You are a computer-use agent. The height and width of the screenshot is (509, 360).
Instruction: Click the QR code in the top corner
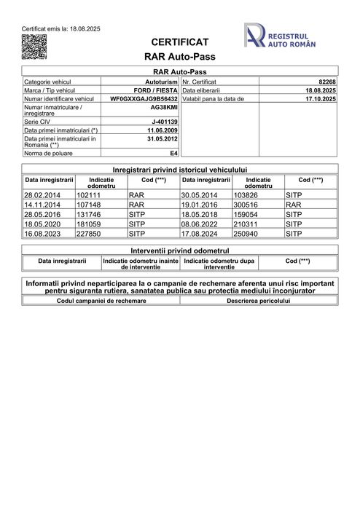34,46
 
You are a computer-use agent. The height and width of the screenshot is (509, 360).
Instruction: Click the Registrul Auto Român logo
281,36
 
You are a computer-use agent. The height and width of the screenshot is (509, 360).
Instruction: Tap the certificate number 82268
327,82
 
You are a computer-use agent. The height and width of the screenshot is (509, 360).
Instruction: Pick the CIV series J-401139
165,122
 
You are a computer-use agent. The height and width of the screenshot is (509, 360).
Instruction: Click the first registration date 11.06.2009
163,130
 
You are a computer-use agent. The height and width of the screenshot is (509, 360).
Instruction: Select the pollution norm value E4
173,154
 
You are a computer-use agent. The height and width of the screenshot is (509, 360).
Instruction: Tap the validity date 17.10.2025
321,98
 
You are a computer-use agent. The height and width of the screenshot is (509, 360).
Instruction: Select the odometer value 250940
245,234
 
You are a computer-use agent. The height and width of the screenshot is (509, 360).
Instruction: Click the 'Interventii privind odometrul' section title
179,250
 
